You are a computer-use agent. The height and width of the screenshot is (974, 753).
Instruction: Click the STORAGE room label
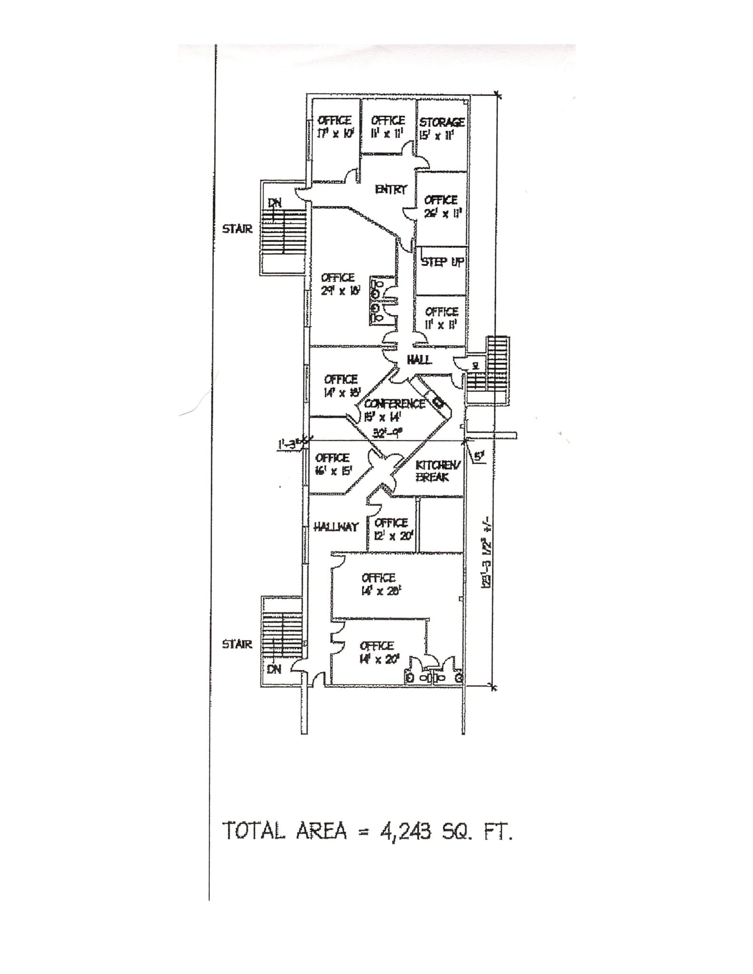442,122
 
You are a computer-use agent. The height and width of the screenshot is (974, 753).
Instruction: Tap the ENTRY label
391,189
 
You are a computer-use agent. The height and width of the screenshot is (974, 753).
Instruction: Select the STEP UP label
442,262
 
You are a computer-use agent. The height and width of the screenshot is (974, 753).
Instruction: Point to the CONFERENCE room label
395,404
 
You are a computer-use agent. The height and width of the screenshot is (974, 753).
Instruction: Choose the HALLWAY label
336,527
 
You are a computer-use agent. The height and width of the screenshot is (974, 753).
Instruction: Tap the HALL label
419,360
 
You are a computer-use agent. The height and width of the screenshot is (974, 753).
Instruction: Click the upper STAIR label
237,229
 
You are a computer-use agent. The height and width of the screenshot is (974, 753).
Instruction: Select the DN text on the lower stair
274,669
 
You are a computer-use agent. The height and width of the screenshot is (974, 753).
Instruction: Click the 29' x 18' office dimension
338,290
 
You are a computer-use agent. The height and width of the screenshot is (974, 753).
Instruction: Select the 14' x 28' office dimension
379,591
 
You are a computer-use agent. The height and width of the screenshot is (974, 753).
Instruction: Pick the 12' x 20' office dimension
391,536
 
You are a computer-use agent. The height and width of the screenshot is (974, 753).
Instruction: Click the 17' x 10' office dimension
334,134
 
